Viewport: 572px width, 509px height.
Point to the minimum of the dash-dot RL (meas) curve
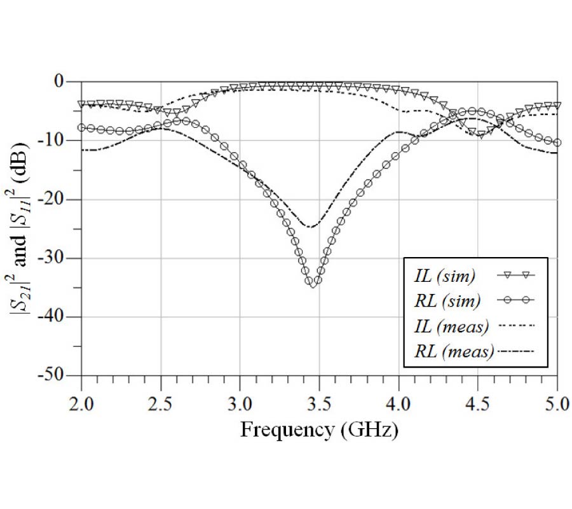[310, 227]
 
